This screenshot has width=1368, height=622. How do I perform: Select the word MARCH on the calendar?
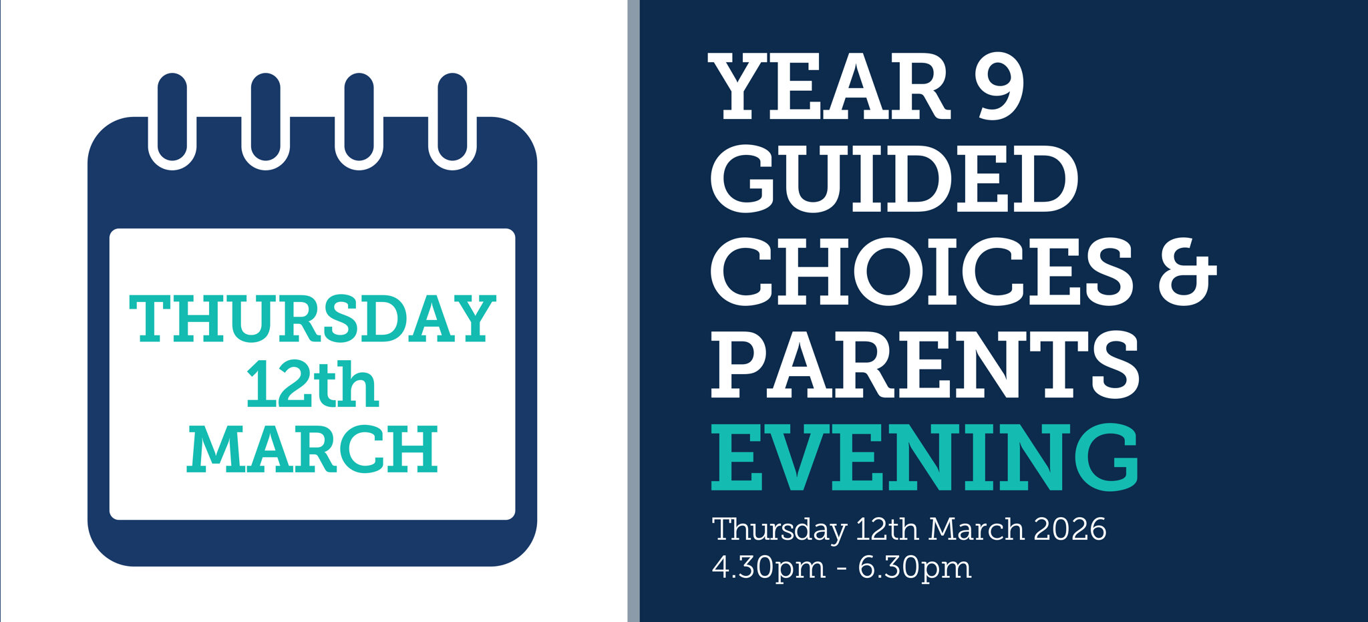312,449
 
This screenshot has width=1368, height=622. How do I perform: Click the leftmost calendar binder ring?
172,121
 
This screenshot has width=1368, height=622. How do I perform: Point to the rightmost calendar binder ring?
452,121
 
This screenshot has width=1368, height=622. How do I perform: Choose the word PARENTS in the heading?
925,364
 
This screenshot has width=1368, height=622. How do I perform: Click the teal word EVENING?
925,458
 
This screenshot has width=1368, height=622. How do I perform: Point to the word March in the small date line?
976,529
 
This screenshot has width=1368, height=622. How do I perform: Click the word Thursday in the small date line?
780,530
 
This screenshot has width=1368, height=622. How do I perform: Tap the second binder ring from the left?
266,121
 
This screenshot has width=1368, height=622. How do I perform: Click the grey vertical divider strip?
634,311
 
